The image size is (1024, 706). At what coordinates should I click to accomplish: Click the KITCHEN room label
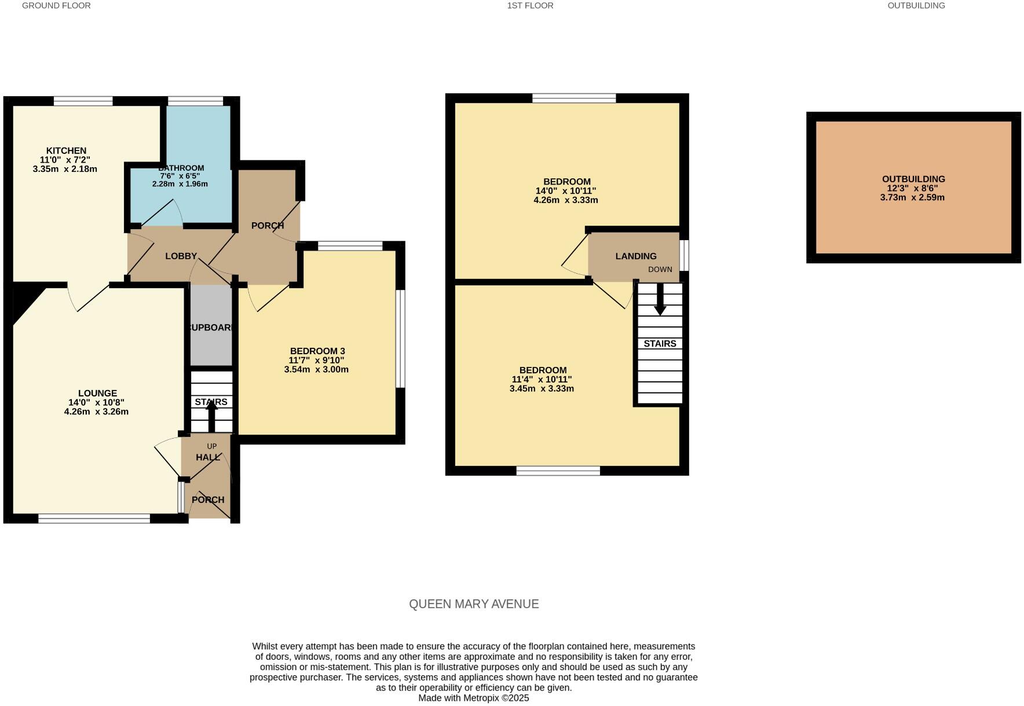66,150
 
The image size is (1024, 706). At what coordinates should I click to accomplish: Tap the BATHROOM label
181,168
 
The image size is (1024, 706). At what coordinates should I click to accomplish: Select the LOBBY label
181,256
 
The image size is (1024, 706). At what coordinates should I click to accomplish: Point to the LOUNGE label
97,393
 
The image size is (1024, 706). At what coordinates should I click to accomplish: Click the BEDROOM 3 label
317,351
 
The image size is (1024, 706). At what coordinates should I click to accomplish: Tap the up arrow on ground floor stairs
211,415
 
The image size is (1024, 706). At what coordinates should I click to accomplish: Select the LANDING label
636,256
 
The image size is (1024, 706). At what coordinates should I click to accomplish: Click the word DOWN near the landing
660,270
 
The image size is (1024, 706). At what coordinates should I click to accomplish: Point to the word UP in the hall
211,446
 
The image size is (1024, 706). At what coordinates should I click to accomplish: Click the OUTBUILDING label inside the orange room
913,179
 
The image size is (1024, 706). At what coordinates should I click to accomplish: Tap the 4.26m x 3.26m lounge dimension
96,412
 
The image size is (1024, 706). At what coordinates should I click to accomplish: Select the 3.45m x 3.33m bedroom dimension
542,389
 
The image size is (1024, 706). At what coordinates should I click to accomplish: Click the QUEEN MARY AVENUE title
474,604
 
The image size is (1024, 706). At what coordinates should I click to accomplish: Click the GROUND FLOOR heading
56,6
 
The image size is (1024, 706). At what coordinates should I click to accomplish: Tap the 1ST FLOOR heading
530,6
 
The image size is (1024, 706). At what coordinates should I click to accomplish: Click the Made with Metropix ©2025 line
474,698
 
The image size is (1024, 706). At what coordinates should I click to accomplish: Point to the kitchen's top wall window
83,101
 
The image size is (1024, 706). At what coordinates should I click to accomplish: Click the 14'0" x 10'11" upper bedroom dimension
566,191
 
